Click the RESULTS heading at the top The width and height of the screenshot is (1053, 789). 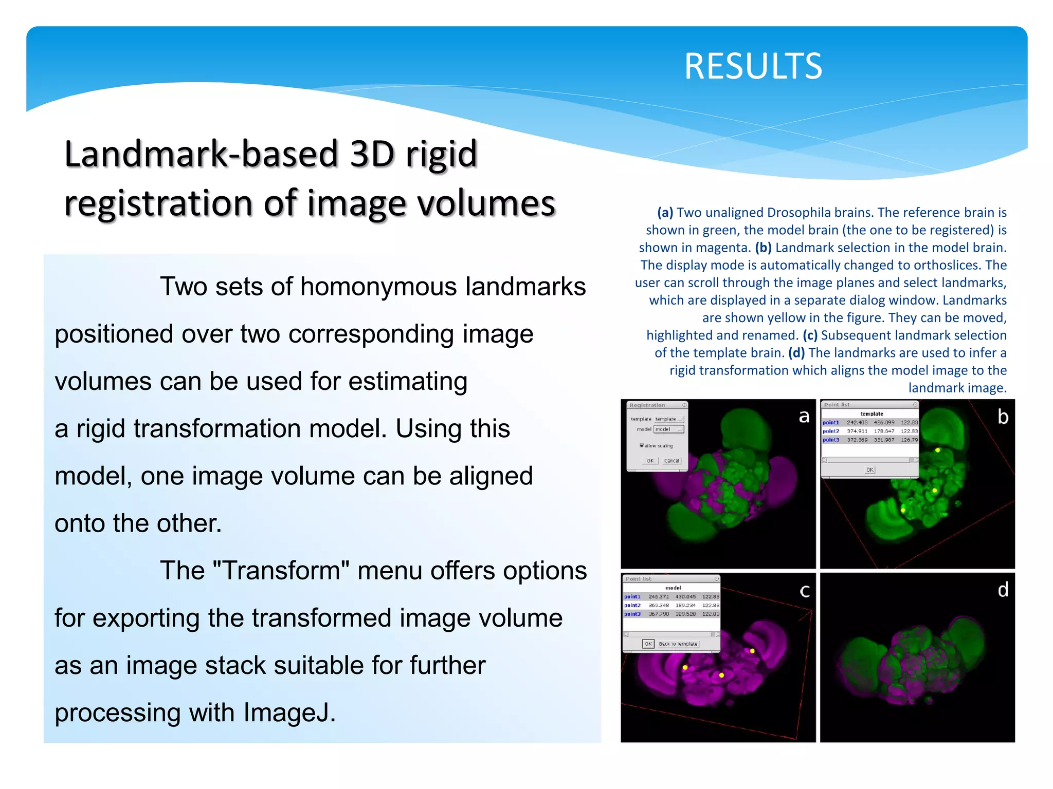753,66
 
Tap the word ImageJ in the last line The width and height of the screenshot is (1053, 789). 289,712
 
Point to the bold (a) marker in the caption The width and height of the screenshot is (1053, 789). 665,213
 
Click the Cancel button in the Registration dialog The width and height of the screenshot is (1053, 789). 671,461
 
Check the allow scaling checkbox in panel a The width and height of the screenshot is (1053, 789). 642,445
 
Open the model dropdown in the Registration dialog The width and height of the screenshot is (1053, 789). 668,429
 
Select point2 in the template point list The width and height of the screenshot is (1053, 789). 831,431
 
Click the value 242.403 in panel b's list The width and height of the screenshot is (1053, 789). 857,422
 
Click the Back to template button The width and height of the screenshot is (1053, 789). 678,644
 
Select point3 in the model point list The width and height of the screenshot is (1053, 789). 632,614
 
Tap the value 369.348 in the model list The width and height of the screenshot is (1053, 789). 659,605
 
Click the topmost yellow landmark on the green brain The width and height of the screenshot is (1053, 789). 938,450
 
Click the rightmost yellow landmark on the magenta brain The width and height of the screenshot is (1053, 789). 752,651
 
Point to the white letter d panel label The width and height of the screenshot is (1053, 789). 1003,590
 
